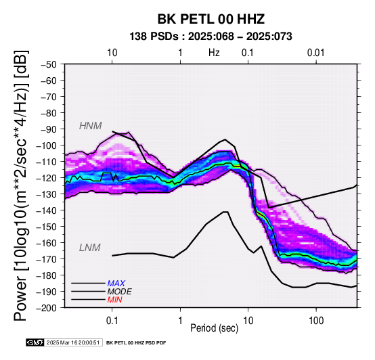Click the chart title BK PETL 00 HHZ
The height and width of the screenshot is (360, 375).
tap(211, 19)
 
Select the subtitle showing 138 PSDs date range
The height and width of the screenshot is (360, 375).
tap(211, 37)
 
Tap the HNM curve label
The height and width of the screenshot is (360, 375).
tap(91, 126)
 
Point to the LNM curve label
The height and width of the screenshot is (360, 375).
tap(89, 248)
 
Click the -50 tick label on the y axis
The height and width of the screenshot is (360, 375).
tap(49, 64)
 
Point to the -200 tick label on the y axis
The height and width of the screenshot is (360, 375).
tap(47, 308)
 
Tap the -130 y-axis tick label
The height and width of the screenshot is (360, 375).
tap(47, 194)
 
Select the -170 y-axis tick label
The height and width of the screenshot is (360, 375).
tap(47, 259)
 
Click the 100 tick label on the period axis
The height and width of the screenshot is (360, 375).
tap(316, 321)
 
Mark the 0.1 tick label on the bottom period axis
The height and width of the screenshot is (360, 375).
tap(112, 321)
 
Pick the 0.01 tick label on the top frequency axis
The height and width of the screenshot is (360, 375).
tap(316, 53)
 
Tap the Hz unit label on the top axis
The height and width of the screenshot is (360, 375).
tap(214, 53)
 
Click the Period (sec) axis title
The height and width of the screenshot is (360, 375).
tap(215, 328)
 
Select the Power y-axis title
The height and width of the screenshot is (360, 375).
tap(20, 185)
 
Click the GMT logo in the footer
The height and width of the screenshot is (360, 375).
tap(35, 342)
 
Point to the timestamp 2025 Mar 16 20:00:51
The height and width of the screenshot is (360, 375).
tap(73, 342)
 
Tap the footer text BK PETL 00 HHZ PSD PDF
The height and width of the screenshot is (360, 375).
tap(136, 343)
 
